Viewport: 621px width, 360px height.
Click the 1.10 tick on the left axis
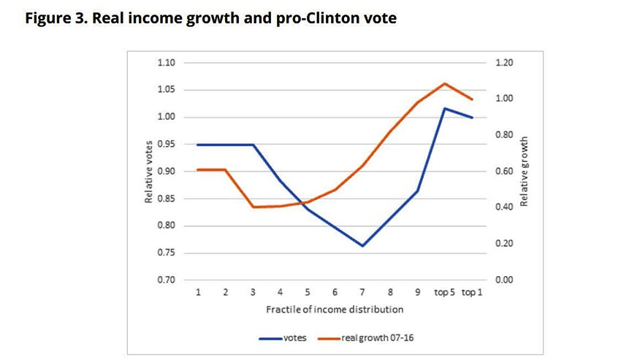click(x=167, y=63)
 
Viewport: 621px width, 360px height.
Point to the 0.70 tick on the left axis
click(x=167, y=280)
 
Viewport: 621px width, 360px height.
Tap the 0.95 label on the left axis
click(x=167, y=145)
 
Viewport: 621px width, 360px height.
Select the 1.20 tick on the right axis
click(x=505, y=63)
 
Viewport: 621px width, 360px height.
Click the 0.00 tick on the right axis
click(x=505, y=280)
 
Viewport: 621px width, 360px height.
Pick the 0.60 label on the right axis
click(x=505, y=172)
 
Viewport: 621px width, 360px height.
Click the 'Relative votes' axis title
click(x=148, y=171)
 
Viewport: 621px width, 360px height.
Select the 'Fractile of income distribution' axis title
click(x=335, y=309)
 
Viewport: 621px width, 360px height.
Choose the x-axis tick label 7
click(x=362, y=292)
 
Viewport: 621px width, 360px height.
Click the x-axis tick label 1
click(x=198, y=292)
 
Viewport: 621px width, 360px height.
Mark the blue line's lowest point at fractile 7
click(x=362, y=246)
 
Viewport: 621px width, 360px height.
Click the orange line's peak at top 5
click(x=444, y=83)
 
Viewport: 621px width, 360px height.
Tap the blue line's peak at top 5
click(x=444, y=108)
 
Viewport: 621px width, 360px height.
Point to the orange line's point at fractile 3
click(x=253, y=207)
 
